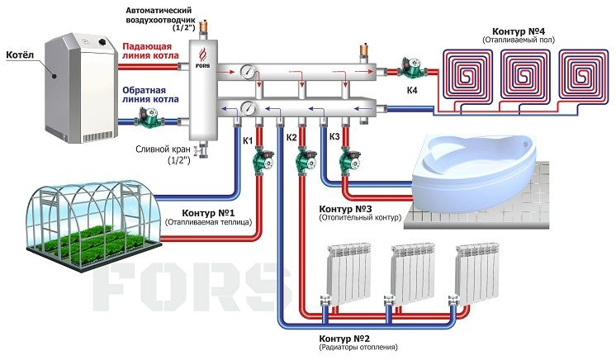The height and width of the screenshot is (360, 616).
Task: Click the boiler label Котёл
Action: [20, 54]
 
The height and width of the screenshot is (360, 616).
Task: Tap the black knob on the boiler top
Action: [103, 41]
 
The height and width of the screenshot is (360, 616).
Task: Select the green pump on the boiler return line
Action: [147, 118]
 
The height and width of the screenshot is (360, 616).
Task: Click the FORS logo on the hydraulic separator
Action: [202, 59]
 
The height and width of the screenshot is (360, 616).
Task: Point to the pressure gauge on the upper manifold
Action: [249, 71]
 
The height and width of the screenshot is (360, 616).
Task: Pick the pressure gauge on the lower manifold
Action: [249, 107]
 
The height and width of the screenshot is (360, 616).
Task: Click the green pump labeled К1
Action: [262, 159]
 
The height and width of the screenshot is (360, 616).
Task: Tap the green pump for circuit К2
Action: [306, 159]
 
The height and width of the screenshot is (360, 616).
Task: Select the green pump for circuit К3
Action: [348, 159]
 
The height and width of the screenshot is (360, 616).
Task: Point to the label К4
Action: [412, 90]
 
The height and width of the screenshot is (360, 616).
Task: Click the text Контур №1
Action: [208, 213]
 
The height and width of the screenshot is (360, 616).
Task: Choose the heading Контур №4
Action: [519, 31]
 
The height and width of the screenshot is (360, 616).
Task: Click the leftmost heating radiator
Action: [348, 273]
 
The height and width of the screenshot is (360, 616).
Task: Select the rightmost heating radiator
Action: [477, 273]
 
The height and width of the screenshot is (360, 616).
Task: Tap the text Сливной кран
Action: [163, 149]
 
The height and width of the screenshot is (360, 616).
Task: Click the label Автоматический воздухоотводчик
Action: [159, 15]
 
